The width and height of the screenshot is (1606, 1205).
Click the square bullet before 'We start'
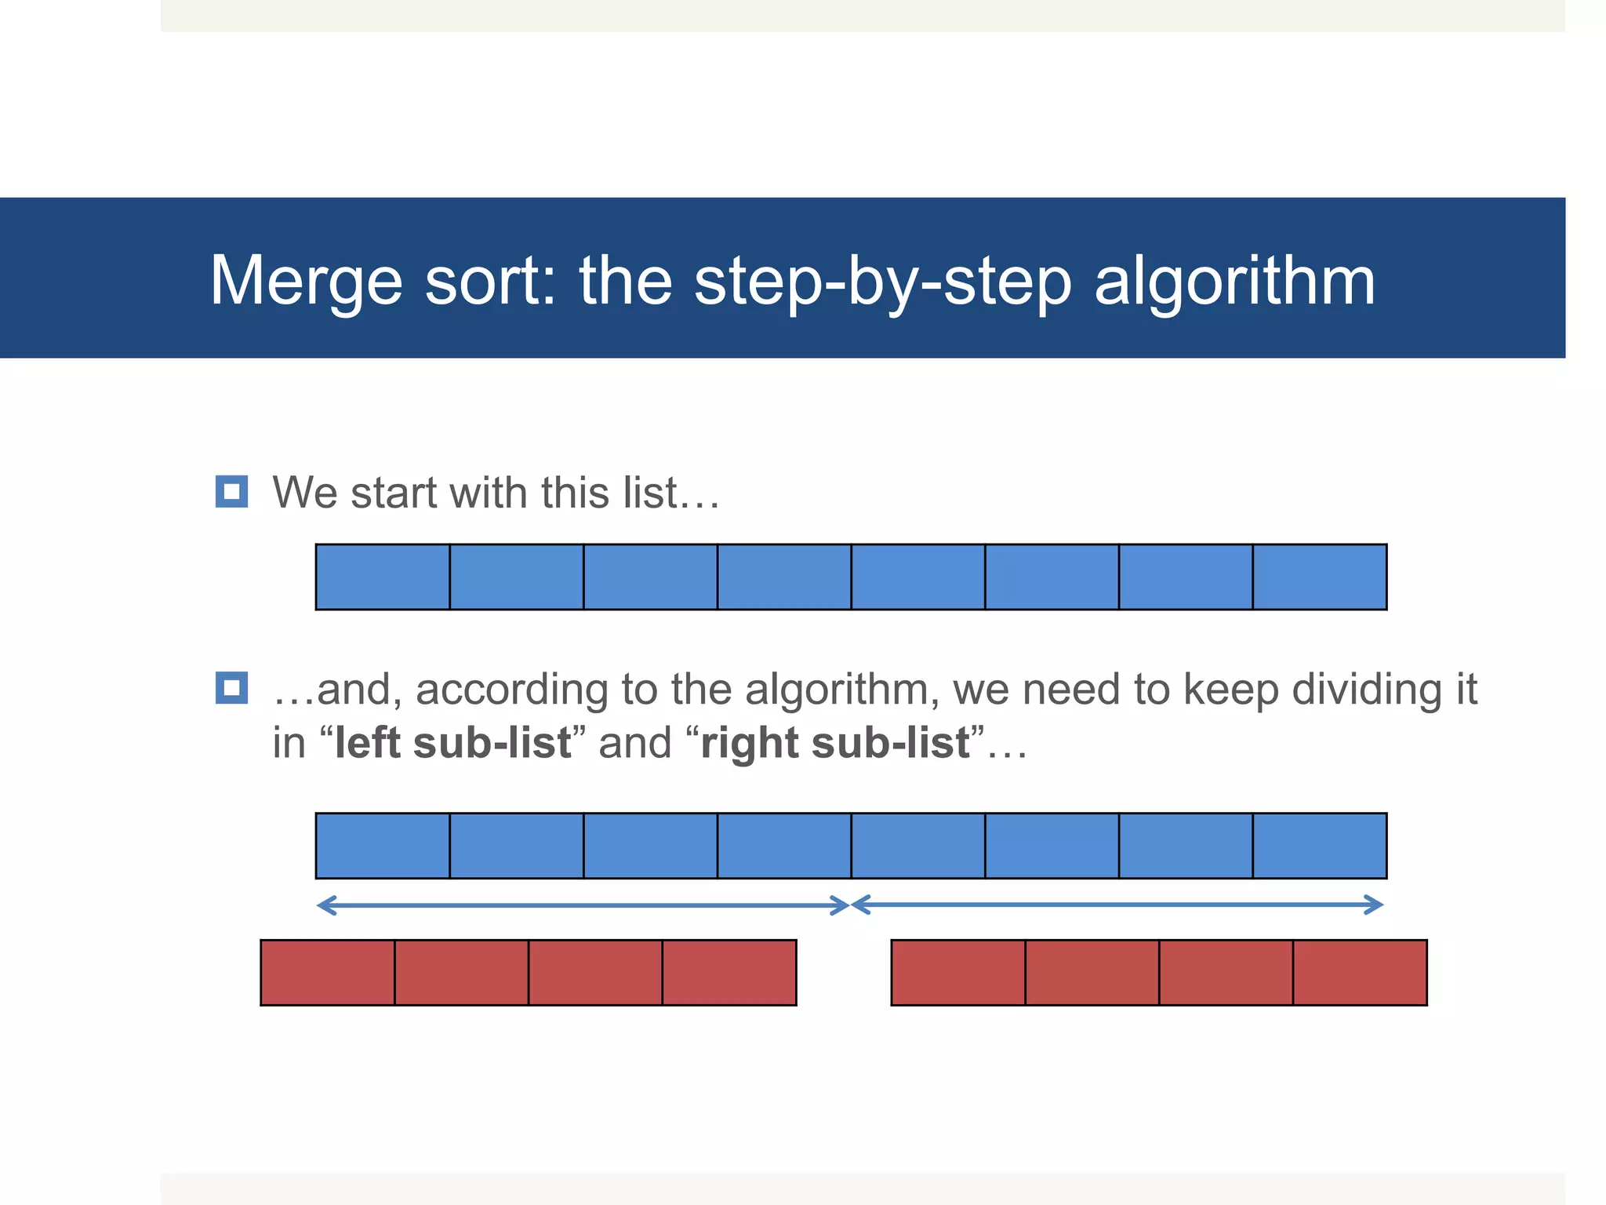231,492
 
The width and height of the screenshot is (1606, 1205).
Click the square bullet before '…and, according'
231,688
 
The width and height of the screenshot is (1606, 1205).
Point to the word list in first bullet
649,493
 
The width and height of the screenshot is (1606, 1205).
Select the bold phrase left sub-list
452,742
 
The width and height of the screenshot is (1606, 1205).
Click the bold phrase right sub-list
835,742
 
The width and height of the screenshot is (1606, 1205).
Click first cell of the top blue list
383,577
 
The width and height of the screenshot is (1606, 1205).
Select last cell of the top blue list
1320,577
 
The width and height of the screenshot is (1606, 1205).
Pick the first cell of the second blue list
383,846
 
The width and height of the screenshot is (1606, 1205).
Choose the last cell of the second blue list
1320,846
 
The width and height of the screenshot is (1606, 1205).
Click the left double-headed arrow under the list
583,906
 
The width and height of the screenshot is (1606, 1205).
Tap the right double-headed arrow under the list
1117,905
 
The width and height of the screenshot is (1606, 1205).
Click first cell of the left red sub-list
328,972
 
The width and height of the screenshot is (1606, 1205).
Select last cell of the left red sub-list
729,972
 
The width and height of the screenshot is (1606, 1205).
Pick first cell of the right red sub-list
958,972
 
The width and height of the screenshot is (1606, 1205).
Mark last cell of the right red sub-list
1360,972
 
